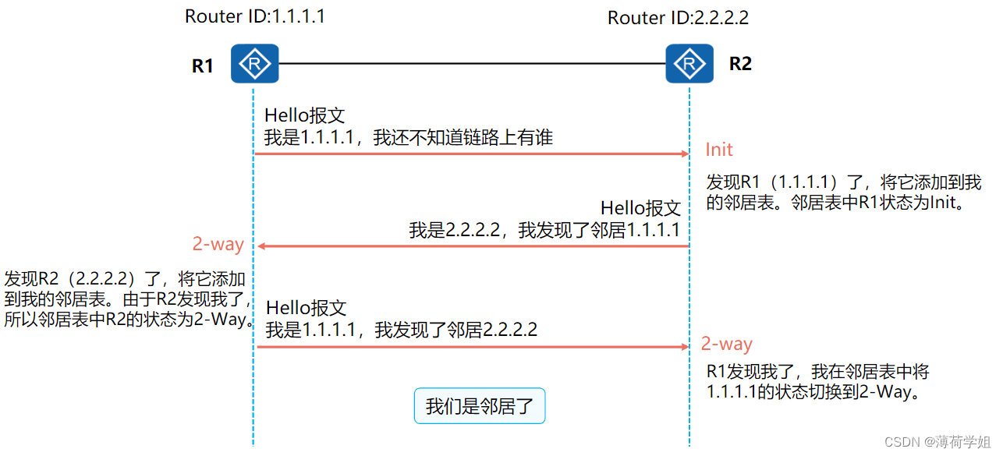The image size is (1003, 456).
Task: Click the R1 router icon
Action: [x=254, y=63]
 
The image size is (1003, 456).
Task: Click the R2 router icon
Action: [x=689, y=63]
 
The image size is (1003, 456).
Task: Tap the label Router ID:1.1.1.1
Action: [x=254, y=16]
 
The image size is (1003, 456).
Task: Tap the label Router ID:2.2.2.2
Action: [x=678, y=18]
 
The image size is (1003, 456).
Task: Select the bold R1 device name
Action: [x=203, y=65]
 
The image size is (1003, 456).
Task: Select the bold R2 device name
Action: [x=740, y=64]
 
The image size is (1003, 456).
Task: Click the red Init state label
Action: [x=719, y=150]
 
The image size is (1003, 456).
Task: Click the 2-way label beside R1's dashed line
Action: [x=218, y=244]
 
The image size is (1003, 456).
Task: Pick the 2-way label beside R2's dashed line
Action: [x=726, y=344]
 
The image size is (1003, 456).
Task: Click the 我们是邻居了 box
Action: [x=479, y=406]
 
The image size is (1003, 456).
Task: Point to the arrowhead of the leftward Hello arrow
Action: [x=263, y=246]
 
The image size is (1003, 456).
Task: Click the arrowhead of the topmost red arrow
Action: [x=685, y=154]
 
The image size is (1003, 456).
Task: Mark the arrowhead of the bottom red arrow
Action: [x=685, y=347]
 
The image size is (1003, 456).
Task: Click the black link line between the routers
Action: [x=472, y=63]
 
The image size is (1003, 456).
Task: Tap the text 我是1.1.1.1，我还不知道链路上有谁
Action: [x=408, y=138]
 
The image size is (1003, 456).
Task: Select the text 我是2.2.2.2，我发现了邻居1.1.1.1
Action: [x=544, y=230]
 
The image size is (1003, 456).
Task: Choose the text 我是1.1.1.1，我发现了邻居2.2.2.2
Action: [x=401, y=330]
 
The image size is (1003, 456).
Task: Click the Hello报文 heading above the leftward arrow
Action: [x=640, y=208]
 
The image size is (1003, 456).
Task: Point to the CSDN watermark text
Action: [x=937, y=441]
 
